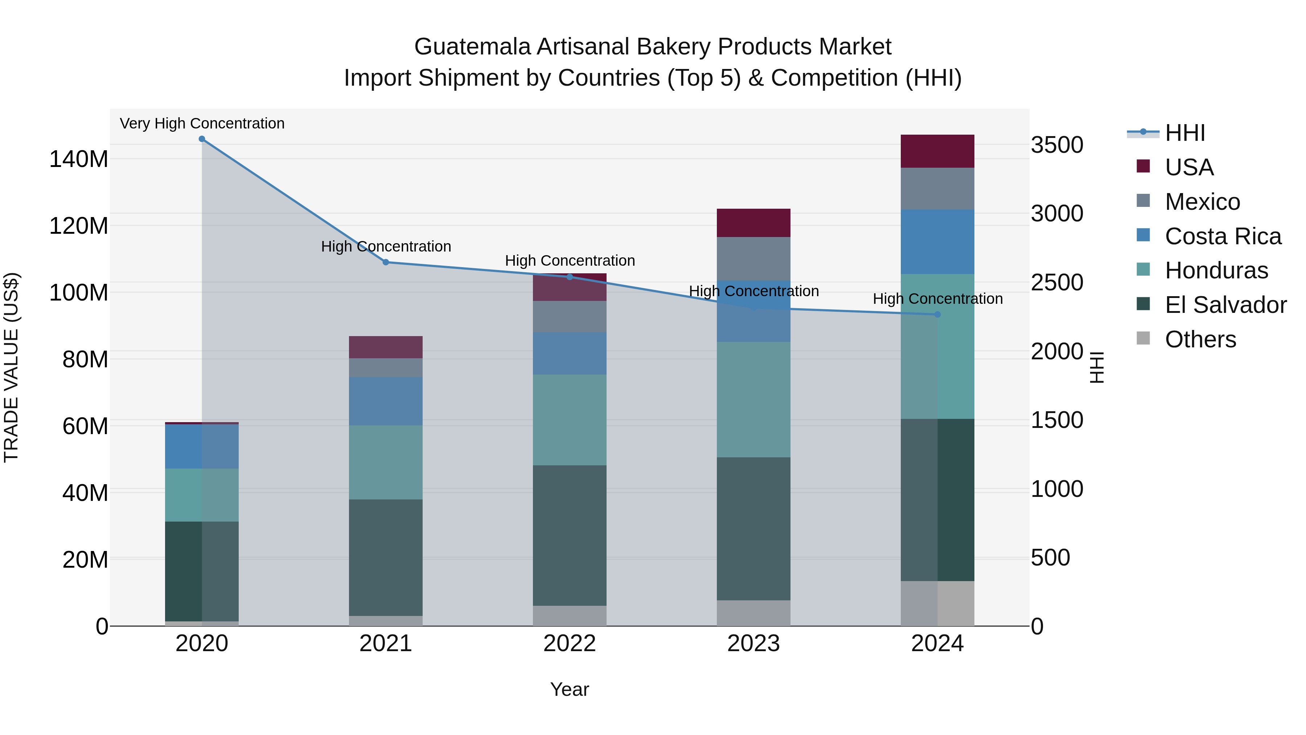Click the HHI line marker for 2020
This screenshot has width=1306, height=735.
pos(202,139)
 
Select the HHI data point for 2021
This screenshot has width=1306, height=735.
pos(386,262)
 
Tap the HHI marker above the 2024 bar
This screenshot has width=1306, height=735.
pos(937,314)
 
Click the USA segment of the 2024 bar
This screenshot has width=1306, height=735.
pos(937,151)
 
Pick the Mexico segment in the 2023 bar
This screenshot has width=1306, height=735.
pos(753,259)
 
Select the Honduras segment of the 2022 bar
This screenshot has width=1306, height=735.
pos(569,420)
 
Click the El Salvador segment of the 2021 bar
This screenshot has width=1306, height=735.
pos(386,558)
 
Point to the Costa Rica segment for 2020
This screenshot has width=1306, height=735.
pos(202,446)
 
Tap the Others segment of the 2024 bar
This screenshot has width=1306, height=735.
pos(937,603)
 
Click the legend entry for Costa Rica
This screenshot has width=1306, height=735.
pos(1222,236)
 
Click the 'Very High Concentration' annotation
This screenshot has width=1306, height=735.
pos(202,123)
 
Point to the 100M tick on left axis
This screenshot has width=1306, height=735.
pos(79,293)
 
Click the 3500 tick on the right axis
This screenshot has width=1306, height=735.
pos(1057,145)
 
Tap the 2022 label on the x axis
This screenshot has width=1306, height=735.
pos(569,644)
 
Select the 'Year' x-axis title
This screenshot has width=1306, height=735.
pos(569,689)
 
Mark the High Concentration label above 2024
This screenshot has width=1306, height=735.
pos(937,299)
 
